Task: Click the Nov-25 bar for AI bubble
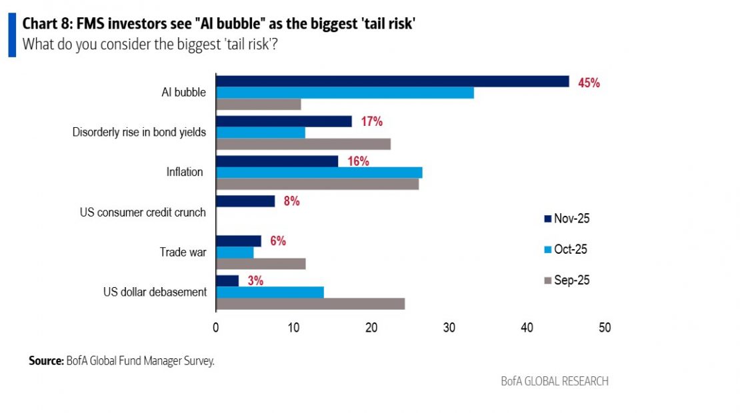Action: click(x=393, y=81)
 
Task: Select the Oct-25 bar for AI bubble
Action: click(x=345, y=93)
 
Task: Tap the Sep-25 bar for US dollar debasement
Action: click(x=310, y=304)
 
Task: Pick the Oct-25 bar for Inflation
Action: click(x=319, y=173)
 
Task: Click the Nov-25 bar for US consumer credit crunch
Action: click(x=245, y=201)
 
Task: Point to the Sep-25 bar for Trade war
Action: click(x=261, y=264)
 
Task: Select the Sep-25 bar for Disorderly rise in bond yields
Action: click(x=303, y=144)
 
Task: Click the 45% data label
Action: click(x=589, y=83)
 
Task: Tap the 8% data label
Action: click(x=291, y=201)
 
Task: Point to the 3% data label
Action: click(x=255, y=281)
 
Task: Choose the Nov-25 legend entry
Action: click(x=567, y=218)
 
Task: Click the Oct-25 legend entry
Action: click(x=567, y=249)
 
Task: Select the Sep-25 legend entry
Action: click(x=567, y=280)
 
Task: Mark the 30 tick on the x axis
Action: click(x=449, y=328)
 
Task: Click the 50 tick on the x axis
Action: click(x=605, y=328)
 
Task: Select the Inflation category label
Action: click(x=185, y=172)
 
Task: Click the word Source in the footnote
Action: click(x=46, y=360)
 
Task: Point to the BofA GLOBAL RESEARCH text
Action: click(x=555, y=382)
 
